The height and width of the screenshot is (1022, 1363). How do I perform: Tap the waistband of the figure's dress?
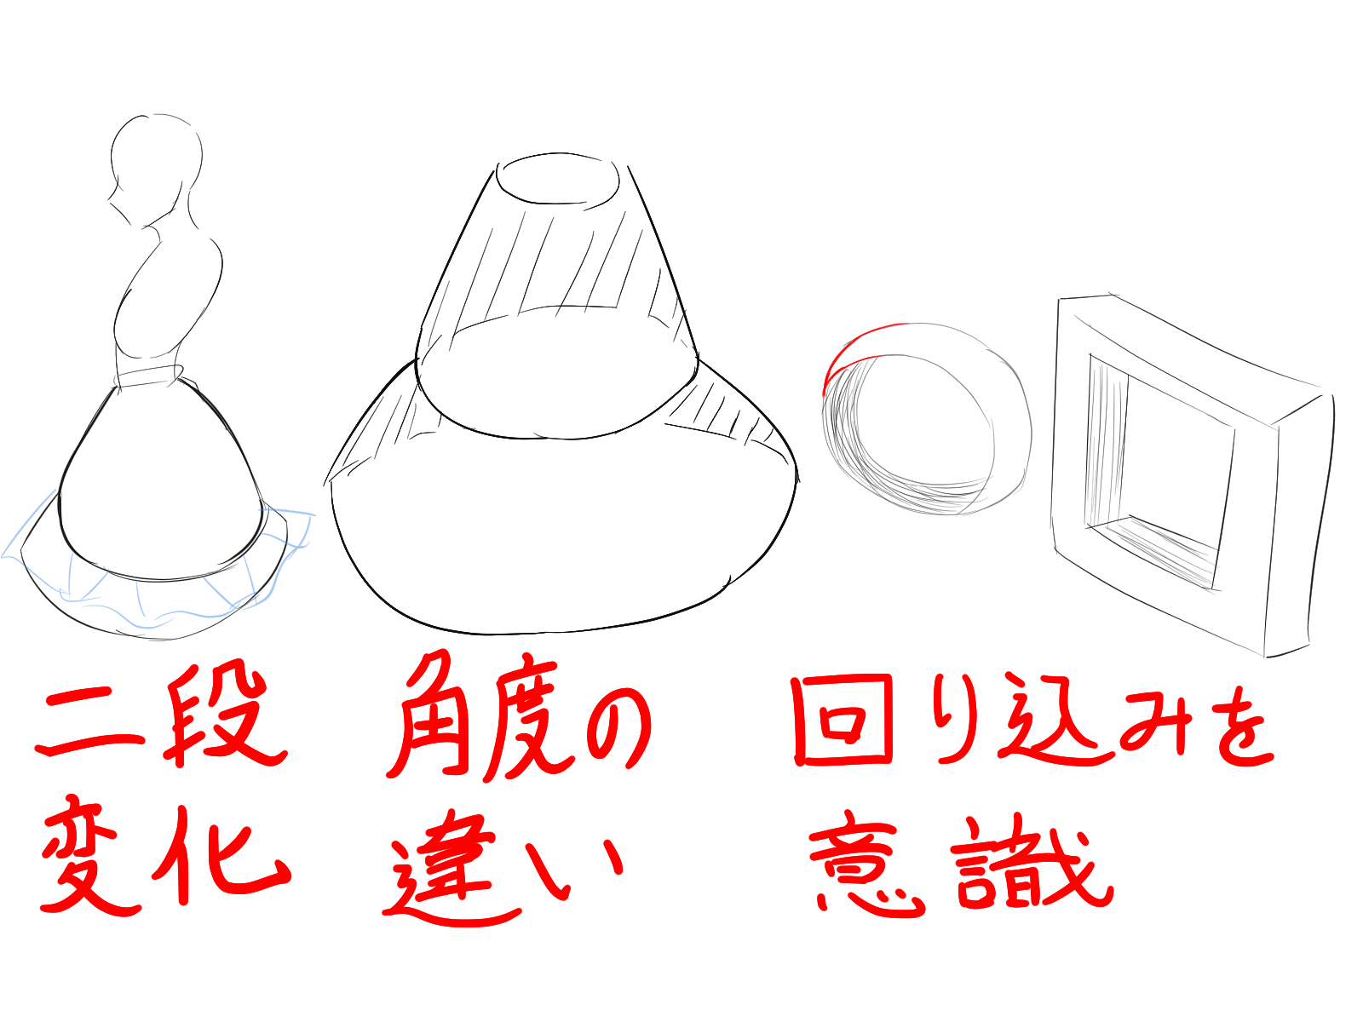[x=149, y=376]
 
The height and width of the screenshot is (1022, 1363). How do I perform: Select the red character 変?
[x=93, y=856]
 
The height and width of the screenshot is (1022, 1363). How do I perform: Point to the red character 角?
[x=433, y=714]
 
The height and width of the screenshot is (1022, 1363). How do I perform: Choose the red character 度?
[x=528, y=720]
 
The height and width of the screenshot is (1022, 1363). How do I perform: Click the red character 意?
[x=866, y=865]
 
